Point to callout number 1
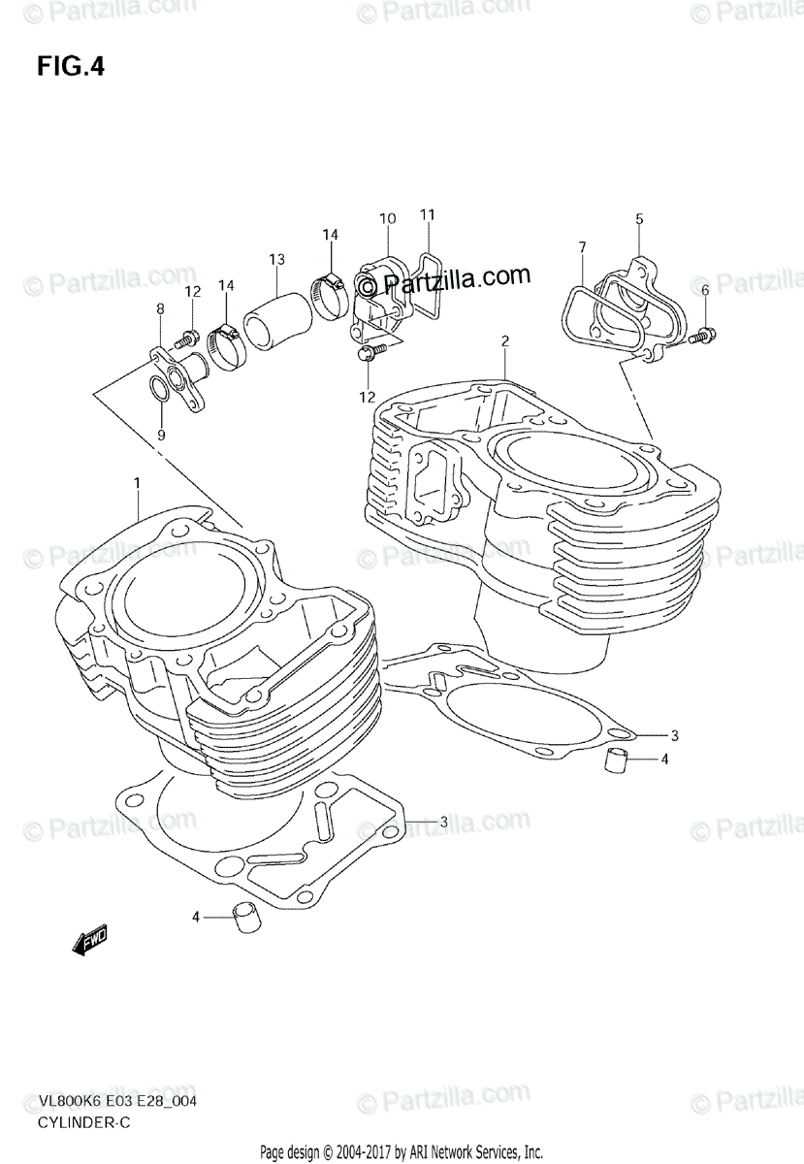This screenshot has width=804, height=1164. pyautogui.click(x=137, y=482)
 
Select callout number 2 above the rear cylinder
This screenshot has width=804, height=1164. pyautogui.click(x=505, y=340)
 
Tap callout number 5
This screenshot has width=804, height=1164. pyautogui.click(x=639, y=219)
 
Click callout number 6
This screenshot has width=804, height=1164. pyautogui.click(x=705, y=289)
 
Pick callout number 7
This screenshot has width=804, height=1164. pyautogui.click(x=582, y=247)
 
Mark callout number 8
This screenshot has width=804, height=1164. pyautogui.click(x=161, y=308)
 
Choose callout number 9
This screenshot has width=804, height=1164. pyautogui.click(x=161, y=436)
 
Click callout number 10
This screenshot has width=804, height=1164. pyautogui.click(x=387, y=219)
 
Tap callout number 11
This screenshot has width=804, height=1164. pyautogui.click(x=428, y=213)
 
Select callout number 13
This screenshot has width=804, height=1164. pyautogui.click(x=277, y=259)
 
